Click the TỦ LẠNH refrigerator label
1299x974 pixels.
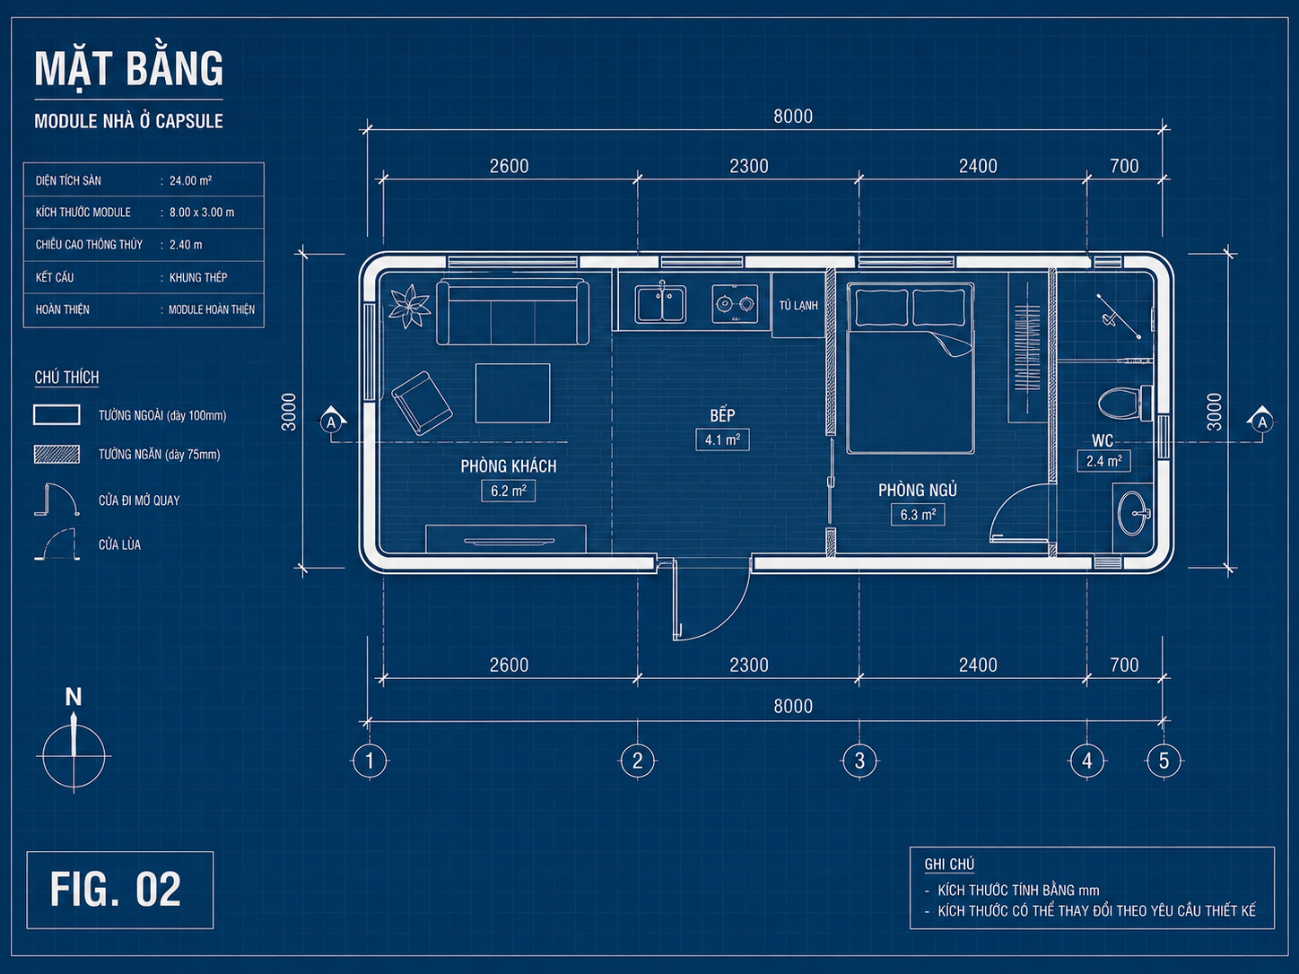pos(798,306)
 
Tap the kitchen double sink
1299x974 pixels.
pos(660,304)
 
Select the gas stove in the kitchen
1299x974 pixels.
pos(735,304)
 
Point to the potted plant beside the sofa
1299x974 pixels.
pos(409,306)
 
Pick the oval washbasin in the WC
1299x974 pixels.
pos(1133,513)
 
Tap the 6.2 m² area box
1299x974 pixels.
pos(509,491)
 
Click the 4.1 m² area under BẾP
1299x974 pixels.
pos(722,440)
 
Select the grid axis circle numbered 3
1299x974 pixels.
pos(859,761)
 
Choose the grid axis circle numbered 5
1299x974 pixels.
pos(1164,761)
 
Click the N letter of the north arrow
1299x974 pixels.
pos(74,697)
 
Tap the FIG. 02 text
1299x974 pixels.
pos(116,889)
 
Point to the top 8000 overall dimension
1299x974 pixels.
pos(793,117)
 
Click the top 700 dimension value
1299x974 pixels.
pos(1124,166)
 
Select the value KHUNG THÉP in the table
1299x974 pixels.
pos(198,277)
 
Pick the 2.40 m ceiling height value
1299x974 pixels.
pos(186,245)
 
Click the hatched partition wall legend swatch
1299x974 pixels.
pos(57,454)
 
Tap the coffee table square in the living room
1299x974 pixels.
pos(512,393)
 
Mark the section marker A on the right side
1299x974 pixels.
pos(1262,422)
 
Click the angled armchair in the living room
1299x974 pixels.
pos(422,404)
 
